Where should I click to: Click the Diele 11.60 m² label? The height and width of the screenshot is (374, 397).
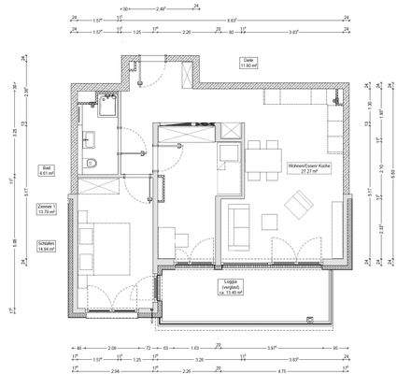248,65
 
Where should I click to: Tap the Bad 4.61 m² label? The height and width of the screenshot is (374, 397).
44,170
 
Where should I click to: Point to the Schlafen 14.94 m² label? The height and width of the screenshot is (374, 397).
44,247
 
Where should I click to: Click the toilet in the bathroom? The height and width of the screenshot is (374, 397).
89,165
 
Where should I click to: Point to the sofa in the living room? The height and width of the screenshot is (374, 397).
239,223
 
